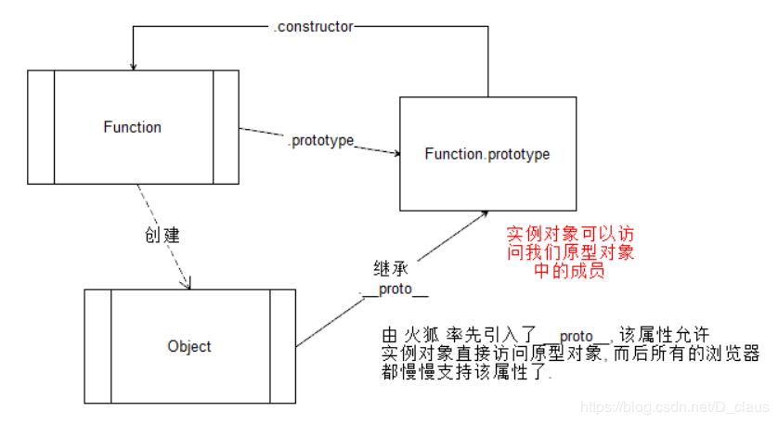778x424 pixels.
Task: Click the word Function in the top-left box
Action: pos(132,127)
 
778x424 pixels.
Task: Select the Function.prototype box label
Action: pos(486,154)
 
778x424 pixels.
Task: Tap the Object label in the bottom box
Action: pos(189,346)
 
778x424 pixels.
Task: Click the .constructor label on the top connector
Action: pos(313,27)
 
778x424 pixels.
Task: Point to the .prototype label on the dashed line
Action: pos(320,141)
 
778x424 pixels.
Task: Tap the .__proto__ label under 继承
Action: pos(394,290)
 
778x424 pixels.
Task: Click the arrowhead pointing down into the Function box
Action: pos(134,65)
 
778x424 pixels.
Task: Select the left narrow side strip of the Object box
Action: pos(97,346)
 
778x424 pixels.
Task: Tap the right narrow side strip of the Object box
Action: pos(282,346)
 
